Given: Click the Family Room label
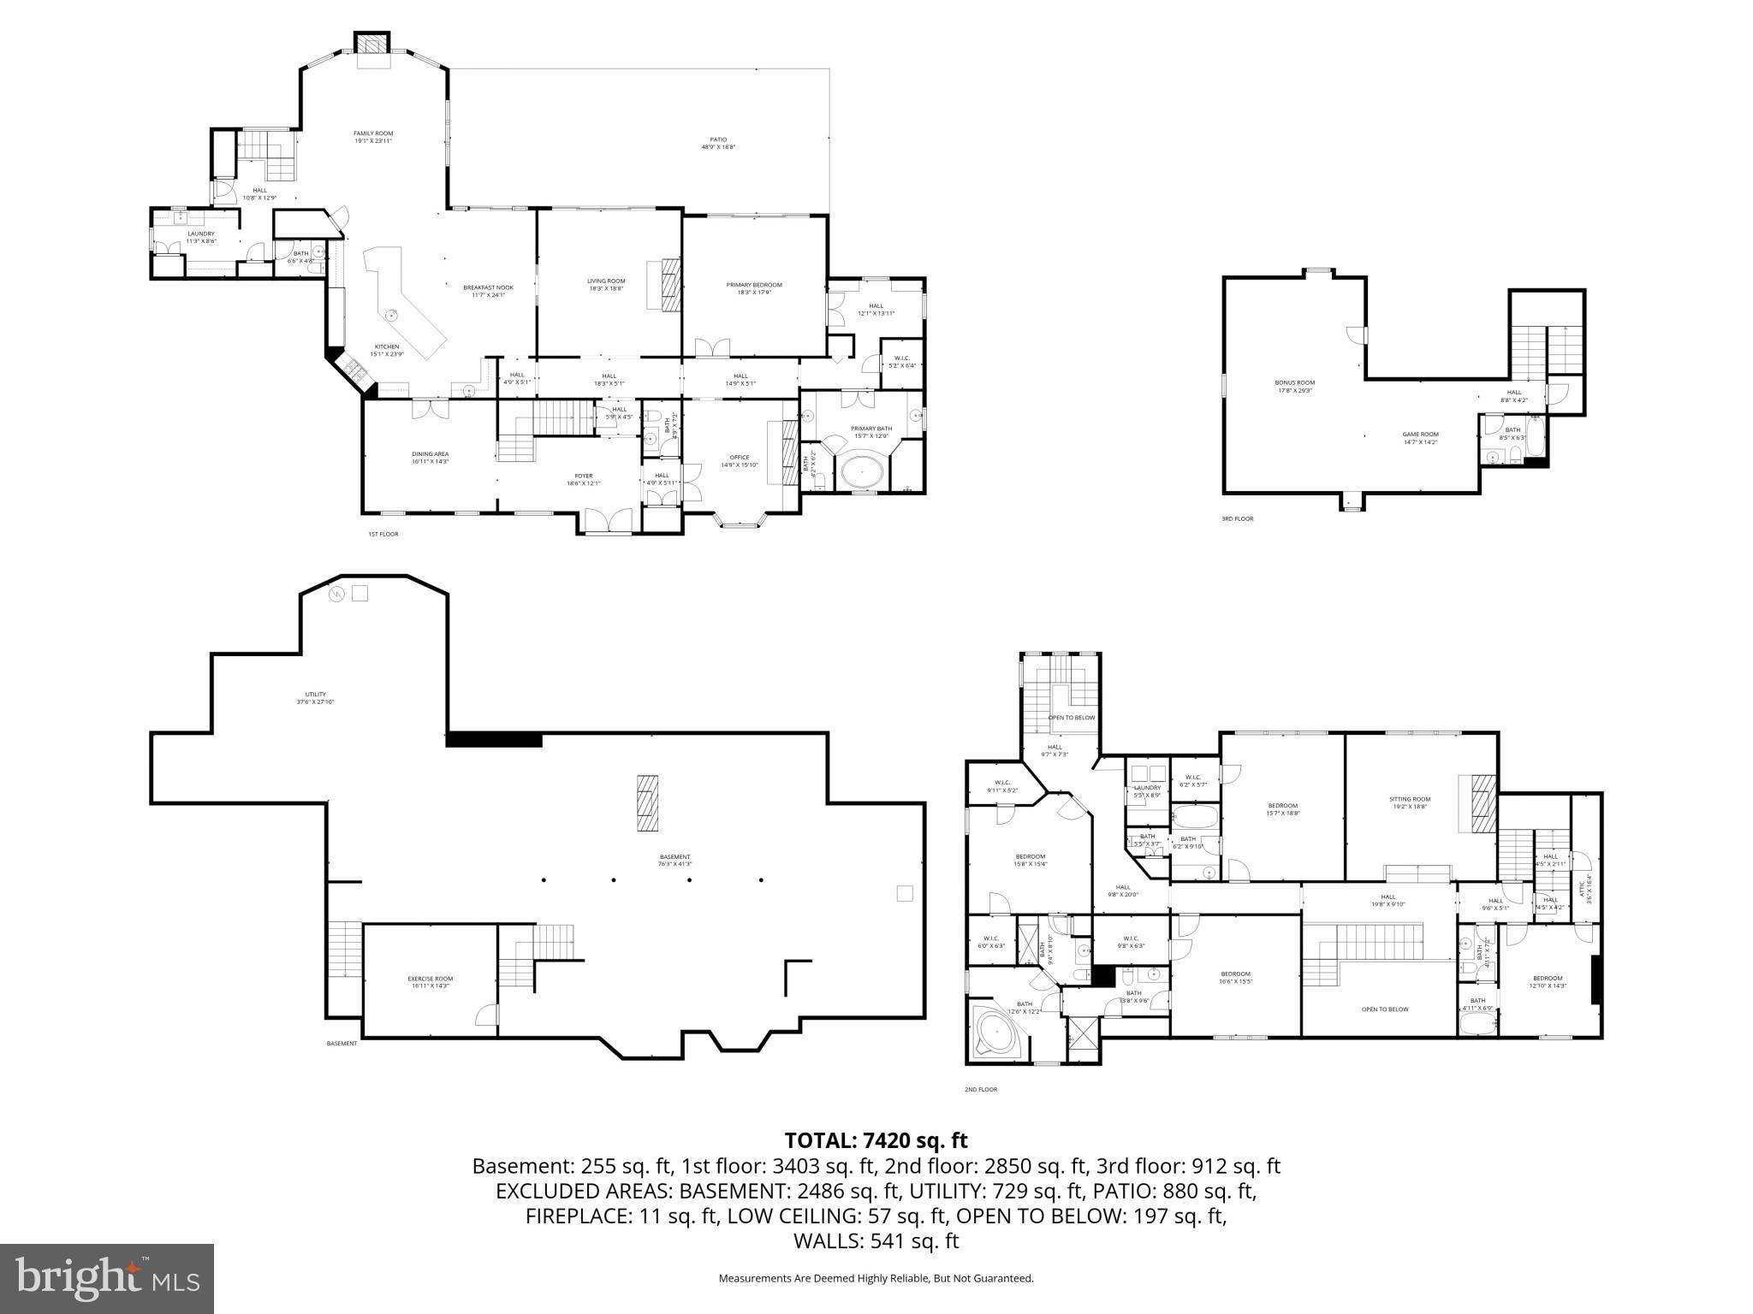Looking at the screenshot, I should pyautogui.click(x=373, y=137).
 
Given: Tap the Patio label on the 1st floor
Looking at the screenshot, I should pyautogui.click(x=718, y=143).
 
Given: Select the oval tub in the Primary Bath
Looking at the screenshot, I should pyautogui.click(x=865, y=471).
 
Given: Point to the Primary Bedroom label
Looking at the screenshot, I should pyautogui.click(x=754, y=288).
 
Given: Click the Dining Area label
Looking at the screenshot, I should pyautogui.click(x=430, y=458).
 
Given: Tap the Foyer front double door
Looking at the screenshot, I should pyautogui.click(x=609, y=521).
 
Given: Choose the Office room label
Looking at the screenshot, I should pyautogui.click(x=740, y=461).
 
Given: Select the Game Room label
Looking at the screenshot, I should pyautogui.click(x=1420, y=438).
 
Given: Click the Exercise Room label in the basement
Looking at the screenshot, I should pyautogui.click(x=430, y=982).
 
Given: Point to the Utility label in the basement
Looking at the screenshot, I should pyautogui.click(x=316, y=698).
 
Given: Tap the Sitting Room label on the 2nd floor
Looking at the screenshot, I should pyautogui.click(x=1409, y=802).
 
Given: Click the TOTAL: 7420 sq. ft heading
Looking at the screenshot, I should pyautogui.click(x=876, y=1140).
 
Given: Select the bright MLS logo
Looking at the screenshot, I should pyautogui.click(x=107, y=1278).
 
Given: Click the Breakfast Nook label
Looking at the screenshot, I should pyautogui.click(x=488, y=291).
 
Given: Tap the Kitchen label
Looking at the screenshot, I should pyautogui.click(x=386, y=350).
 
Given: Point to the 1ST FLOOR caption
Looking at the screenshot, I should pyautogui.click(x=383, y=534).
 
